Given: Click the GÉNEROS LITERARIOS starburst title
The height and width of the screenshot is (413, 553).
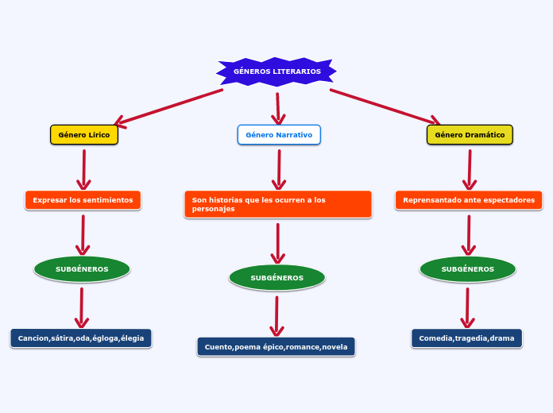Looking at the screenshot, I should [276, 71].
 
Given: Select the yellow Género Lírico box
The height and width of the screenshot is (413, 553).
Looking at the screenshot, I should [84, 135].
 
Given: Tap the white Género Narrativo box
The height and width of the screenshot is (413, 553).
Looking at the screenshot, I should [279, 135].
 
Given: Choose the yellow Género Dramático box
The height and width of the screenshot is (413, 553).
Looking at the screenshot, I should [470, 135].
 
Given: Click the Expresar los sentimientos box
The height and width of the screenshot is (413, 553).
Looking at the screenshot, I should [83, 200].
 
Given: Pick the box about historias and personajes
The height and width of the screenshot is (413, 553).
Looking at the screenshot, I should [277, 204].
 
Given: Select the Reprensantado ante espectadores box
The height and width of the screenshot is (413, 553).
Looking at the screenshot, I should [469, 200].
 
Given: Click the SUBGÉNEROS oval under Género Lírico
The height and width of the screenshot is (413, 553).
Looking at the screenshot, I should [82, 269].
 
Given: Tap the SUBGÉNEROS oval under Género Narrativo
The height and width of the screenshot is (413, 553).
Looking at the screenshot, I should [276, 278].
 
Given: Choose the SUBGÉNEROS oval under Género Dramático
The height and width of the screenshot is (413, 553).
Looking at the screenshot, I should [467, 269].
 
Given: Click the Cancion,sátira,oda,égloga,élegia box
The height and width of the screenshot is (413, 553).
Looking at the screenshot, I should [81, 338].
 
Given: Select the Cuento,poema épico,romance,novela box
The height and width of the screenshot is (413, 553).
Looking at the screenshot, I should [276, 347].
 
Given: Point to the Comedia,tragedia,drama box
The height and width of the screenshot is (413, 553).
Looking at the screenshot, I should [466, 338].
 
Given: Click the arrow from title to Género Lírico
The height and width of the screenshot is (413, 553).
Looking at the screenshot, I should [168, 107].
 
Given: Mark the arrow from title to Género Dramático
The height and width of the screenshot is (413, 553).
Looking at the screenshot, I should [385, 106].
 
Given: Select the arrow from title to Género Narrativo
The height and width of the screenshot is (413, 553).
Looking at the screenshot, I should [278, 109].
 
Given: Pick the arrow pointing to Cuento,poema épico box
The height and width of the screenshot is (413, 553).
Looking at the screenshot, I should [276, 316].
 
